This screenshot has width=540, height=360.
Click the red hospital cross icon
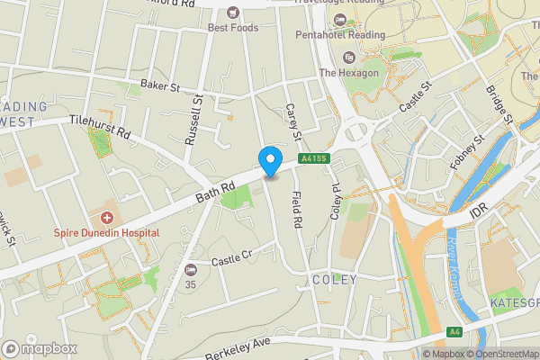point(106,218)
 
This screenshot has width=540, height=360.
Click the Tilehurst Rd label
point(99,127)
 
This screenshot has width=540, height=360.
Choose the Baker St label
point(161,85)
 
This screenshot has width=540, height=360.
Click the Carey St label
point(292,122)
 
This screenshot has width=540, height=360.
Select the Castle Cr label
point(229,261)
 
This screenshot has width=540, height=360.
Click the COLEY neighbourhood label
point(335,280)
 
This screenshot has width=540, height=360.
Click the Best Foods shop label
point(233,28)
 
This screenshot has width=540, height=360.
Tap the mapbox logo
point(39,348)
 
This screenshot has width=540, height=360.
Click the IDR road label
point(477,217)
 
